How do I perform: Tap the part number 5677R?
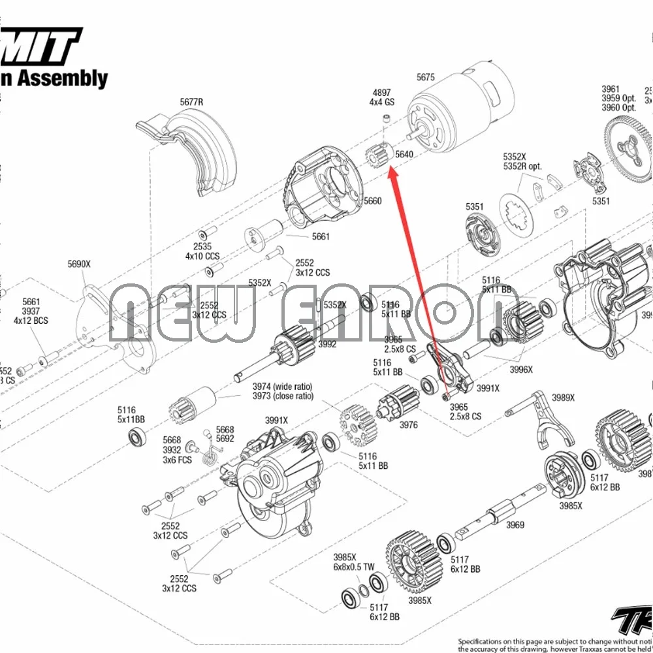point(191,102)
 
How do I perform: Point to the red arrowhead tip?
point(391,169)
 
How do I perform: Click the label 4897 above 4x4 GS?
point(382,92)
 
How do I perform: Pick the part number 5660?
point(372,200)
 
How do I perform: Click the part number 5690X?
point(79,264)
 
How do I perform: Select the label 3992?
point(327,344)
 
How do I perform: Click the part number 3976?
point(408,425)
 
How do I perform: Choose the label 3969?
point(515,524)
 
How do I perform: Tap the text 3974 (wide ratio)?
point(283,386)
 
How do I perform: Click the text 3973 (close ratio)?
point(283,396)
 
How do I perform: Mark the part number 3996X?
point(521,369)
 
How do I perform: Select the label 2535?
point(202,247)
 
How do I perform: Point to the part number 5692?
point(225,439)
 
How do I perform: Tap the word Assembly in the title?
point(62,79)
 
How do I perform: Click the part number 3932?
point(172,450)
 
